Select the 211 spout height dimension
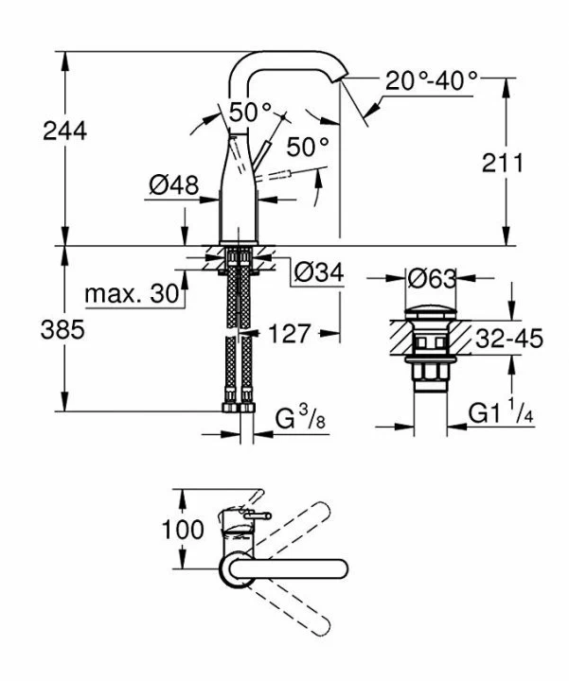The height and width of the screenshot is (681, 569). pyautogui.click(x=501, y=163)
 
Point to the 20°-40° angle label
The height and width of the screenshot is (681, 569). pyautogui.click(x=432, y=81)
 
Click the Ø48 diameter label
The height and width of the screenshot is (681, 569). pyautogui.click(x=173, y=186)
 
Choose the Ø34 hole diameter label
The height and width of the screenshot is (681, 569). pyautogui.click(x=318, y=273)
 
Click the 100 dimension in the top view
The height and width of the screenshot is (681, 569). pyautogui.click(x=182, y=530)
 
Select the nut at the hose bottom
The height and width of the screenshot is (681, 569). pyautogui.click(x=238, y=407)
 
